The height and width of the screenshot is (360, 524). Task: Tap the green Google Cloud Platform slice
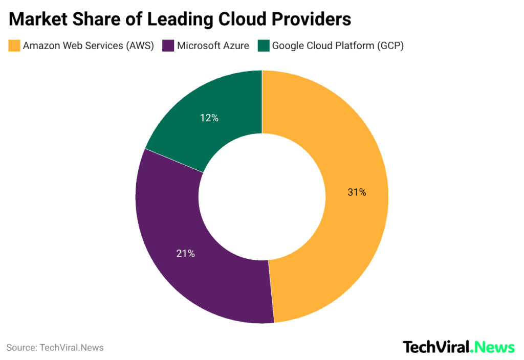[x=215, y=107]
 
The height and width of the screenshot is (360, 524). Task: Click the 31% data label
[x=357, y=192]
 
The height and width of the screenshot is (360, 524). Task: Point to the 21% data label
[x=185, y=253]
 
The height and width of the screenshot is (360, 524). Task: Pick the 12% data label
[x=209, y=118]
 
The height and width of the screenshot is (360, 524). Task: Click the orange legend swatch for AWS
[x=14, y=46]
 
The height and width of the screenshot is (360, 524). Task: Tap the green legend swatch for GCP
[x=264, y=46]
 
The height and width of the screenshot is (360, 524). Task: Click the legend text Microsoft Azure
[x=213, y=46]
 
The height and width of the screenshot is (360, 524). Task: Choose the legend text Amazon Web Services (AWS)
[x=88, y=46]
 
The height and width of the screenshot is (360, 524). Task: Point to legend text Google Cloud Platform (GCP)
[x=338, y=46]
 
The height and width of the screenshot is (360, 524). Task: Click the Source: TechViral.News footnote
[x=55, y=348]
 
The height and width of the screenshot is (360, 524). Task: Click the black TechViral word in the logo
[x=436, y=347]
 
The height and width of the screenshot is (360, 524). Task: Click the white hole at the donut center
[x=262, y=197]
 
